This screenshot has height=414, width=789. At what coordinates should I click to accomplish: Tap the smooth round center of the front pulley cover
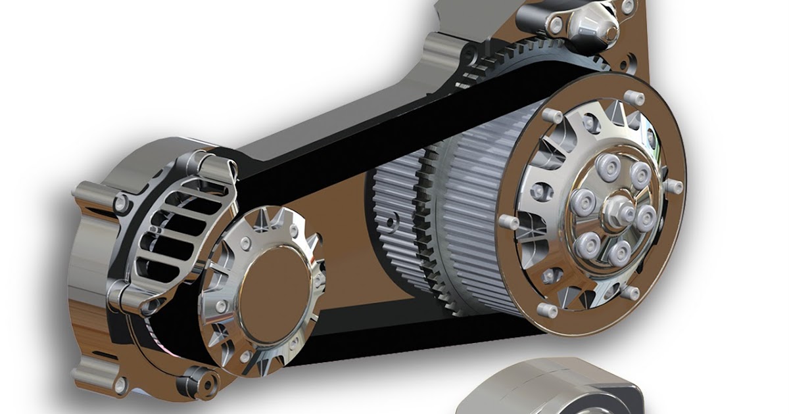tap(275, 288)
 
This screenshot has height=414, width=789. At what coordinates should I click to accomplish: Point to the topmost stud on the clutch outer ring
tap(634, 97)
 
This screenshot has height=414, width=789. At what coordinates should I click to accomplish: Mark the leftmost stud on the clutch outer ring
tap(505, 220)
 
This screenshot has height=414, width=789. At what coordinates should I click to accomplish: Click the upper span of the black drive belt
tap(368, 125)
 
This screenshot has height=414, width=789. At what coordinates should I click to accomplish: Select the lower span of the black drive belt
tap(394, 335)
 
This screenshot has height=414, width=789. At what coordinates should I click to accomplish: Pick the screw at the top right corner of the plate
tap(628, 7)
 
